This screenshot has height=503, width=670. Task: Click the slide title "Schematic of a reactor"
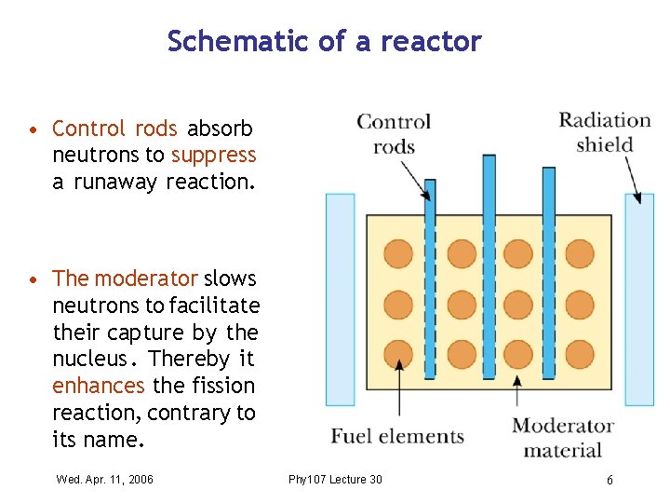tap(324, 42)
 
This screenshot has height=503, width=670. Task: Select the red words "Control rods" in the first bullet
tap(114, 129)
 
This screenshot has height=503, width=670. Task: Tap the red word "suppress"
tap(213, 155)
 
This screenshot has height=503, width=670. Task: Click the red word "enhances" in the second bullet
tap(98, 386)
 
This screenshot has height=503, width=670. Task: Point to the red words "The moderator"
tap(125, 279)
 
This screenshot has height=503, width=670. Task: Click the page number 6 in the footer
tap(610, 480)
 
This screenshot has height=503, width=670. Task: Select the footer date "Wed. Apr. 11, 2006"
tap(104, 480)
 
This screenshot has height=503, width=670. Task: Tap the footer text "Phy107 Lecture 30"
tap(335, 480)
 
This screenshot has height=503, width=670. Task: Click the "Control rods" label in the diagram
tap(394, 134)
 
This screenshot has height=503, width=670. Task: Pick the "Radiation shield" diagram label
tap(604, 132)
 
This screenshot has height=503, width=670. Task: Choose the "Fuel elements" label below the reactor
tap(397, 437)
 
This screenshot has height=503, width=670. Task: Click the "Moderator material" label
tap(563, 438)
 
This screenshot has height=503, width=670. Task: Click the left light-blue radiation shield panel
tap(340, 298)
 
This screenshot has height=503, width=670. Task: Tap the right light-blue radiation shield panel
tap(638, 298)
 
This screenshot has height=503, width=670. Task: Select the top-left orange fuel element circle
tap(398, 253)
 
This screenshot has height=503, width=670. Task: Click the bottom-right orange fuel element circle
tap(579, 354)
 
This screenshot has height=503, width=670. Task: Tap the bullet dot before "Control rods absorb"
tap(33, 129)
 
